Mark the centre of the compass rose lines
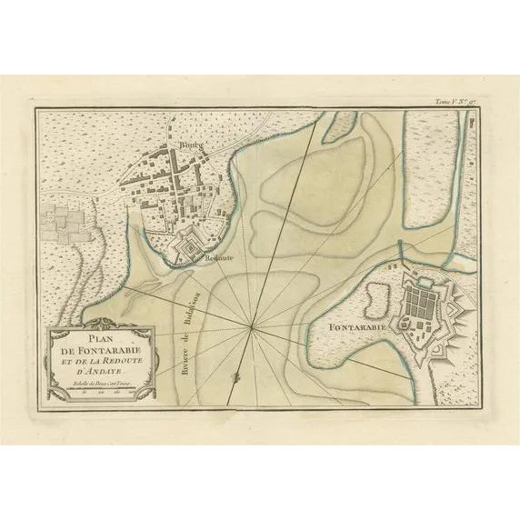(251, 325)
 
